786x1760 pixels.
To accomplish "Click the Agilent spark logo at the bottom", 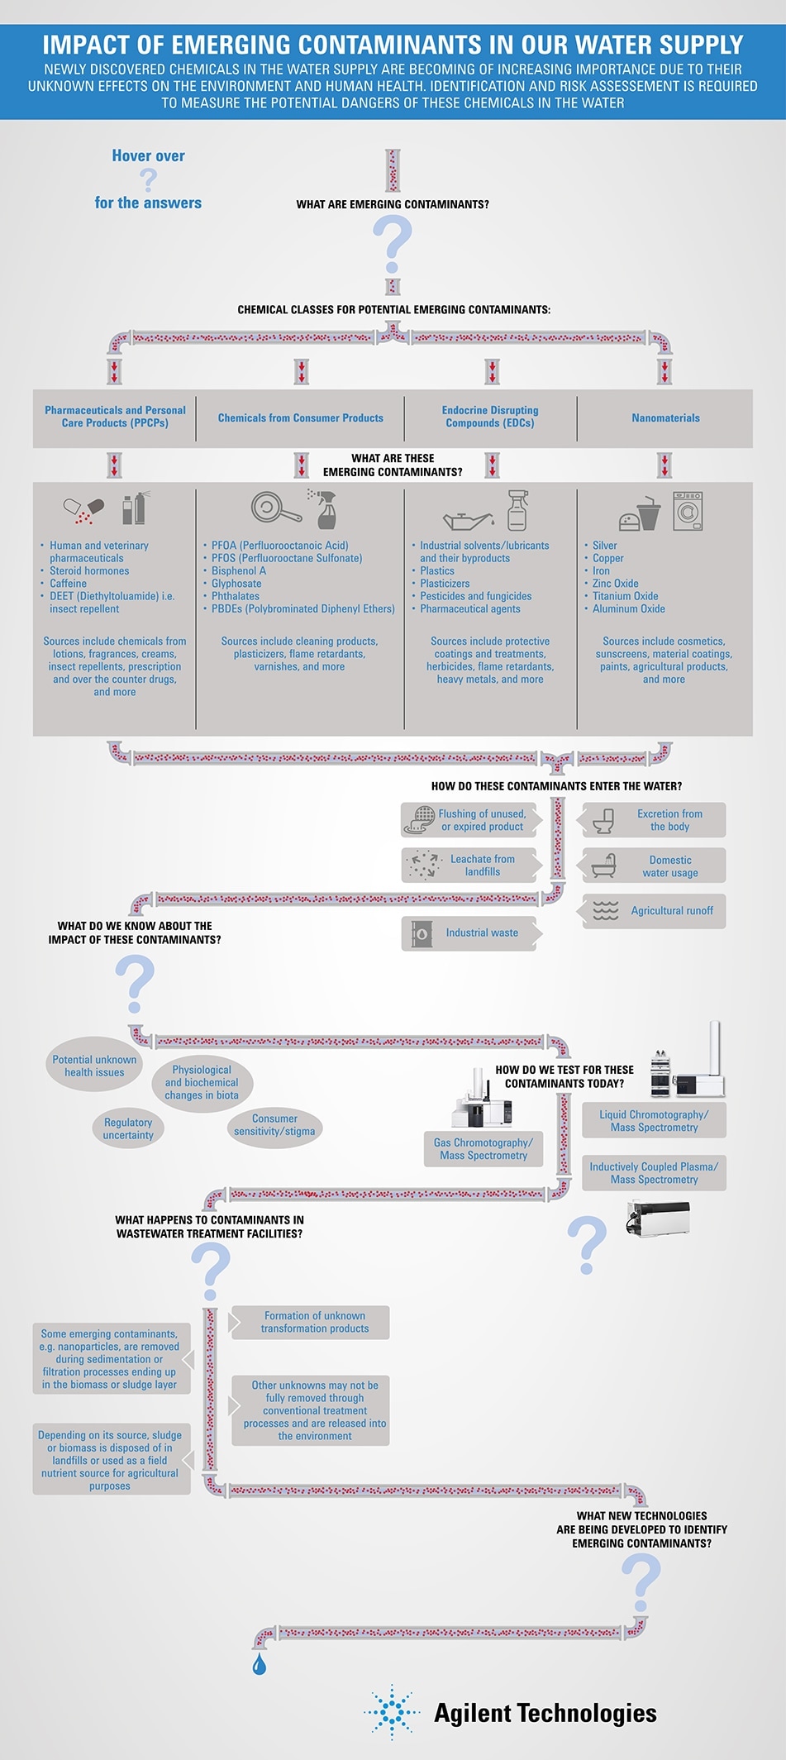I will pos(392,1712).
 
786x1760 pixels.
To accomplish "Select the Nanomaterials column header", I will pos(665,418).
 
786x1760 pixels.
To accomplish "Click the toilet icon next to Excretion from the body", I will pos(604,820).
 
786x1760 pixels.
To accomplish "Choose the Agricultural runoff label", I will pos(671,911).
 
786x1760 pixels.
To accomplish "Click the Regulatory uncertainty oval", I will pos(128,1129).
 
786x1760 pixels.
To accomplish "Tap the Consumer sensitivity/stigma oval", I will pos(274,1125).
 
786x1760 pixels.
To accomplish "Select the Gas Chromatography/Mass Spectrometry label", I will pos(484,1149).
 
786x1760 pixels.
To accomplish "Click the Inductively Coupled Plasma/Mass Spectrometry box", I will pos(654,1173).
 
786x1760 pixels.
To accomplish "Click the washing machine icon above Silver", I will pos(688,510).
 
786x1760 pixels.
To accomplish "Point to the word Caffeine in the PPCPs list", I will pos(68,584).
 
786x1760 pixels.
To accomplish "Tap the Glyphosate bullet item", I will pos(236,584).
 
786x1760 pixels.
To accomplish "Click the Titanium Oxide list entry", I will pos(625,596).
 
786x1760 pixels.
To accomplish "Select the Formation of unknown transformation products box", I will pos(314,1322).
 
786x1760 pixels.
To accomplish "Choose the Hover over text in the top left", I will pos(148,156).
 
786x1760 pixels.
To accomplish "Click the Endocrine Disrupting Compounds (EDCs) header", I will pos(490,417).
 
